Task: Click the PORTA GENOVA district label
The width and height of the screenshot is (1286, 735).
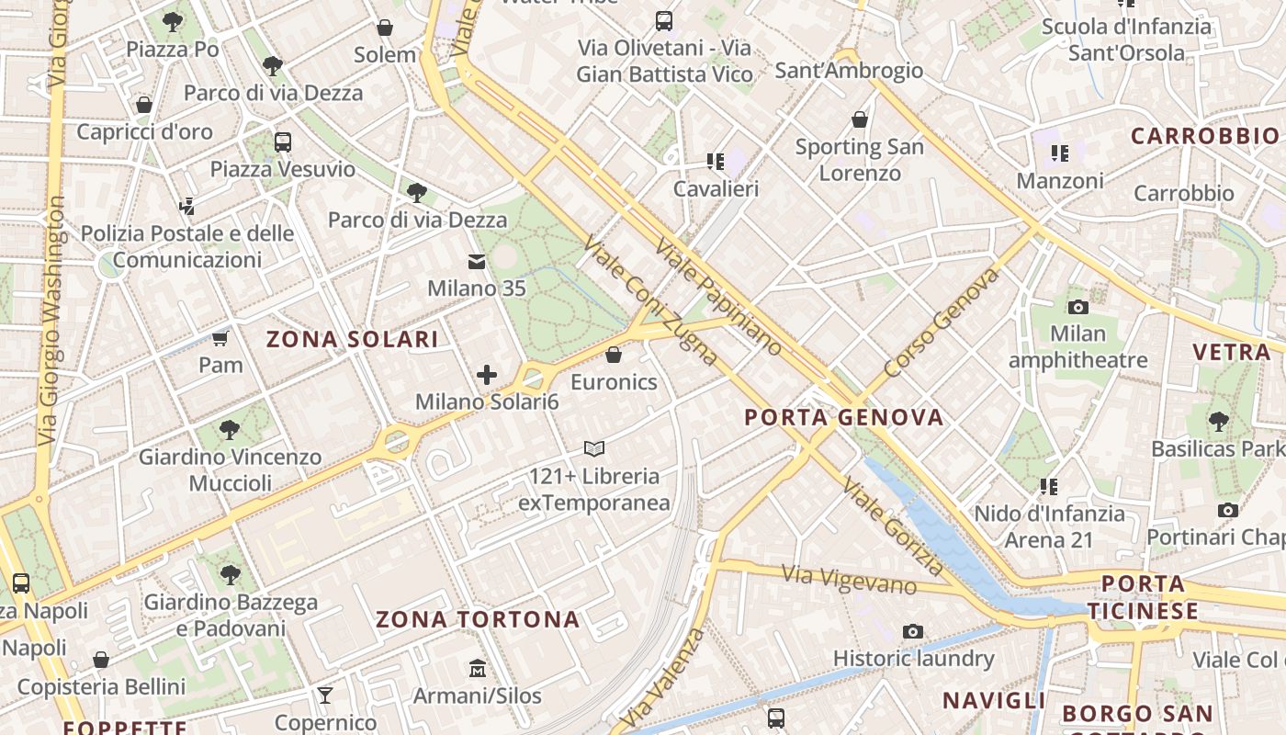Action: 843,418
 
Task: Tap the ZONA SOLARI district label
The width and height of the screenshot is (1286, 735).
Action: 352,339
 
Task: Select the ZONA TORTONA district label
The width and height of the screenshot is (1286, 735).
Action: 478,619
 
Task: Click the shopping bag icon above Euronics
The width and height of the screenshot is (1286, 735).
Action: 614,355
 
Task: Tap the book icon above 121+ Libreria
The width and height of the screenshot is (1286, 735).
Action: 594,449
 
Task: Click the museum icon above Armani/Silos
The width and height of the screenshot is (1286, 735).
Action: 477,668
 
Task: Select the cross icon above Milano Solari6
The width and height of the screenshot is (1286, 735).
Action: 487,375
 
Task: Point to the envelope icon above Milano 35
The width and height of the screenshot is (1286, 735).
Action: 477,263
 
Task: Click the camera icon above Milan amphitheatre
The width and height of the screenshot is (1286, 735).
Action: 1078,307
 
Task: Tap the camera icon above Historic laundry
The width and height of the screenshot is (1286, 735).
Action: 912,631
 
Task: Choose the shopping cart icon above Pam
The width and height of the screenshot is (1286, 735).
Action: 220,338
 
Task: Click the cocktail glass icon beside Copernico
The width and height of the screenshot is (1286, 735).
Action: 324,695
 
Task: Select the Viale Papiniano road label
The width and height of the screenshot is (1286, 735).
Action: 718,297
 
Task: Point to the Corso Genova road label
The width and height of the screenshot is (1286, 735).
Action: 941,322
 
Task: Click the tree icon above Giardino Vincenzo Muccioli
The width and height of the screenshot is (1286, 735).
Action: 230,429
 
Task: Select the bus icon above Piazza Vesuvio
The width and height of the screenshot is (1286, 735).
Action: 282,142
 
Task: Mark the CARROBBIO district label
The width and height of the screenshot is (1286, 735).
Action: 1204,137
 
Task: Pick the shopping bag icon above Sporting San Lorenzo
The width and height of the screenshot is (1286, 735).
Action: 860,119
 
